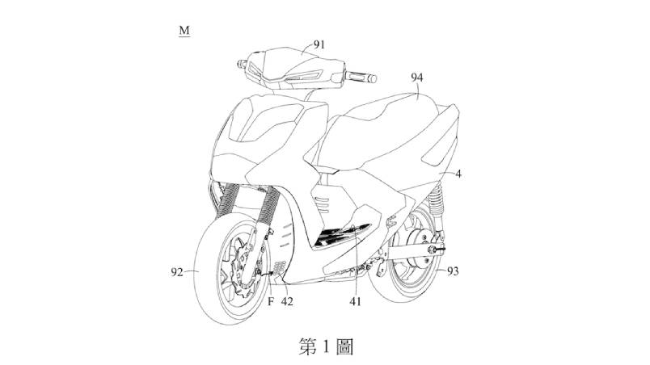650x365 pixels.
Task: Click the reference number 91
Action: (x=319, y=44)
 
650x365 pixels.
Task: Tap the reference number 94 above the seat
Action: (x=417, y=78)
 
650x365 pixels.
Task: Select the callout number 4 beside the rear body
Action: (x=458, y=174)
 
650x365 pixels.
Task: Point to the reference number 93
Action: (x=453, y=271)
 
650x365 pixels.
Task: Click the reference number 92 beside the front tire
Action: (x=177, y=272)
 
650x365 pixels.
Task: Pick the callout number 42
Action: (x=287, y=301)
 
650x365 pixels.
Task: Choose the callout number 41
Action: (x=355, y=302)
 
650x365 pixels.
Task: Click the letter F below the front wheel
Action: (x=271, y=301)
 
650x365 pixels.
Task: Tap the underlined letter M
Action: (x=184, y=31)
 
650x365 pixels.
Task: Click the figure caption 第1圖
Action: (x=326, y=346)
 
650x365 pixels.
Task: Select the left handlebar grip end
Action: (x=239, y=64)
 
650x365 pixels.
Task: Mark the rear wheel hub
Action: (x=420, y=248)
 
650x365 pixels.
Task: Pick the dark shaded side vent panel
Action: (x=340, y=235)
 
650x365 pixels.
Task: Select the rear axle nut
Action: (x=433, y=250)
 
